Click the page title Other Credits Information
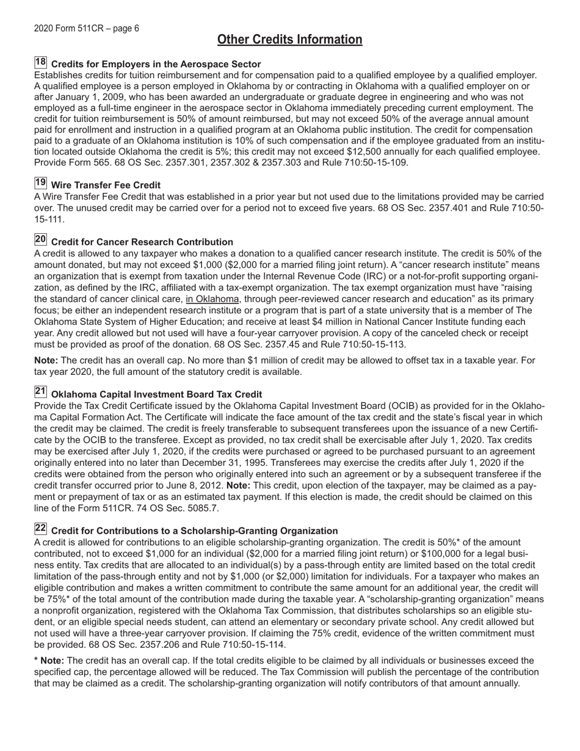pos(289,40)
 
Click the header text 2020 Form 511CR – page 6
pos(86,28)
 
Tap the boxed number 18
pos(40,62)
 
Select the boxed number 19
pos(40,183)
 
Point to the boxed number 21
pos(40,393)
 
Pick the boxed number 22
pos(40,529)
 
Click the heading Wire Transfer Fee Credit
pos(106,185)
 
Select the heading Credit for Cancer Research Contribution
pos(142,242)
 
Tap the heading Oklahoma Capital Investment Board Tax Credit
pos(157,394)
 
